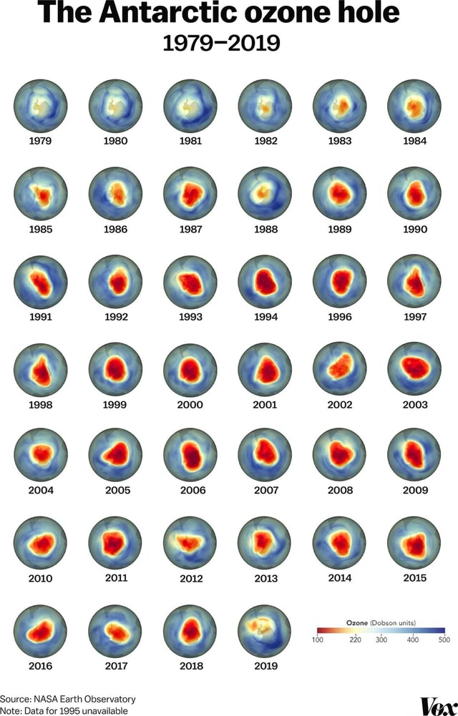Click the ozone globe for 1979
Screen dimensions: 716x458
(41, 106)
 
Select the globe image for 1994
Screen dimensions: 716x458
(265, 281)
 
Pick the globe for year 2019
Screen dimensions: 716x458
(265, 630)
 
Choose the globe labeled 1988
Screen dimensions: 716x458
(265, 193)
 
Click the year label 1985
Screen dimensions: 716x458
(41, 230)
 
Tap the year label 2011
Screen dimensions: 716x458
(116, 577)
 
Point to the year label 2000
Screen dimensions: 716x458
(190, 404)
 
